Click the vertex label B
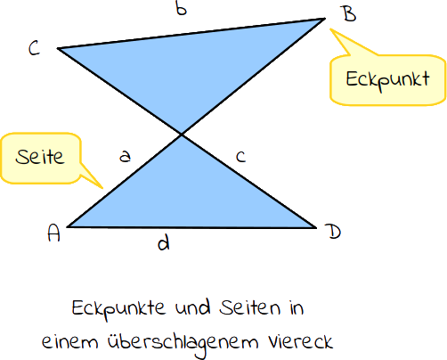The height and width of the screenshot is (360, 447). coord(350,14)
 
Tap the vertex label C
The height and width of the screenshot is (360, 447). coord(34,48)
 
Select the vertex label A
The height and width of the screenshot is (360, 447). coord(53,233)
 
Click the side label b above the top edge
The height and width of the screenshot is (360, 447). coord(181,9)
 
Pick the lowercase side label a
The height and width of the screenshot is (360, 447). coord(125,156)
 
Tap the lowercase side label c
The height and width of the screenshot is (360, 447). coord(241,157)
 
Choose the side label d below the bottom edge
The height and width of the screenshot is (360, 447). coord(164,242)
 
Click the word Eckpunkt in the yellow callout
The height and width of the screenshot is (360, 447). coord(387,80)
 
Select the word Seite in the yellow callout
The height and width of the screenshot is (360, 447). coord(40,157)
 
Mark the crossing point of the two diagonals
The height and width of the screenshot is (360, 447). coord(182,135)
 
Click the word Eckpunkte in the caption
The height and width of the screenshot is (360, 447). coord(118,309)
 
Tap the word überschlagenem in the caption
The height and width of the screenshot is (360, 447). coord(183,343)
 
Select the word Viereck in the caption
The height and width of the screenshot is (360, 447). coord(301,341)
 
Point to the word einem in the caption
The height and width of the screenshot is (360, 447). coord(69,342)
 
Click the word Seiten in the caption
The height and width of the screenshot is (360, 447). coord(249,307)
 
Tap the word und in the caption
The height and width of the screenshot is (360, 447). coord(192,307)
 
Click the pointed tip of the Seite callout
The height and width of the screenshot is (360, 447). coord(102,188)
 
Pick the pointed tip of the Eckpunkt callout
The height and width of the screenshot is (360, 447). coord(330,29)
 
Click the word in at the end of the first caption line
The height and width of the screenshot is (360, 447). coord(297,307)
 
